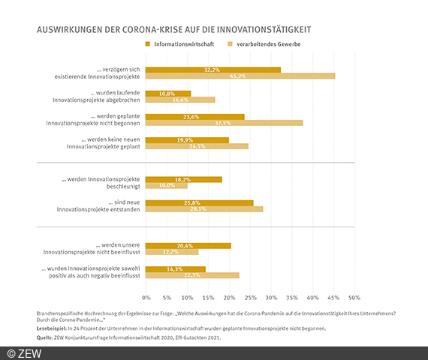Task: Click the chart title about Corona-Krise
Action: (x=173, y=30)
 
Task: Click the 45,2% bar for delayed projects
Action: (x=240, y=76)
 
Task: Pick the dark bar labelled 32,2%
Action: (x=213, y=69)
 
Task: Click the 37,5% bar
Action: (x=224, y=123)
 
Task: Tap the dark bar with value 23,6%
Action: (x=195, y=116)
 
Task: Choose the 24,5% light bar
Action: (x=197, y=146)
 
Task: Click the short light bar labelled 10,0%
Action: (x=167, y=185)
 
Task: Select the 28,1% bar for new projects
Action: (x=204, y=209)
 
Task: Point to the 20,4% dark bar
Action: (x=188, y=245)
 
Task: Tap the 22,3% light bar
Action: (x=192, y=275)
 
